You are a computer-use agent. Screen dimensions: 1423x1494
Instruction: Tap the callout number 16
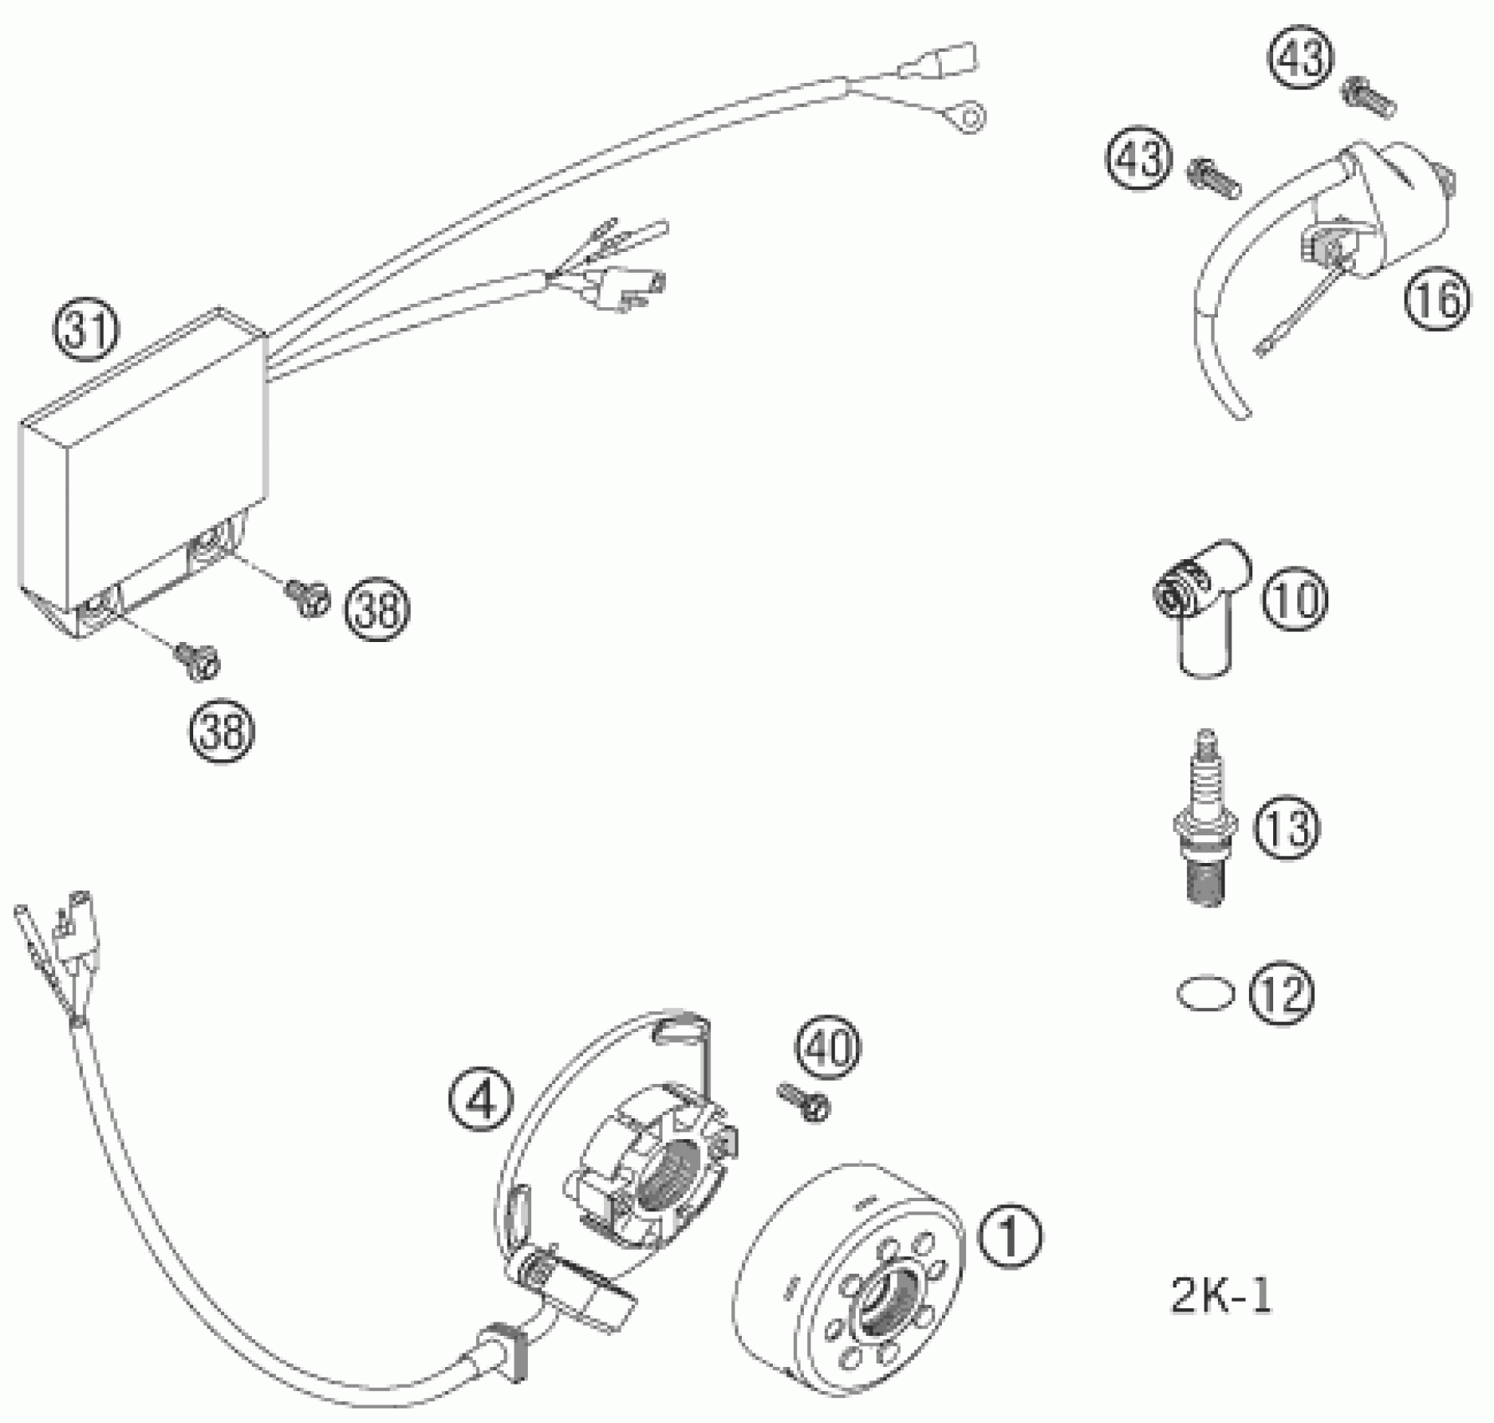pyautogui.click(x=1437, y=300)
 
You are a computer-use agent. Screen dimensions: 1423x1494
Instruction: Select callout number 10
pyautogui.click(x=1294, y=599)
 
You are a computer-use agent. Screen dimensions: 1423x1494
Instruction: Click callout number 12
pyautogui.click(x=1282, y=994)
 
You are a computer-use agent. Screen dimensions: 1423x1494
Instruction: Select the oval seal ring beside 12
pyautogui.click(x=1205, y=994)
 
